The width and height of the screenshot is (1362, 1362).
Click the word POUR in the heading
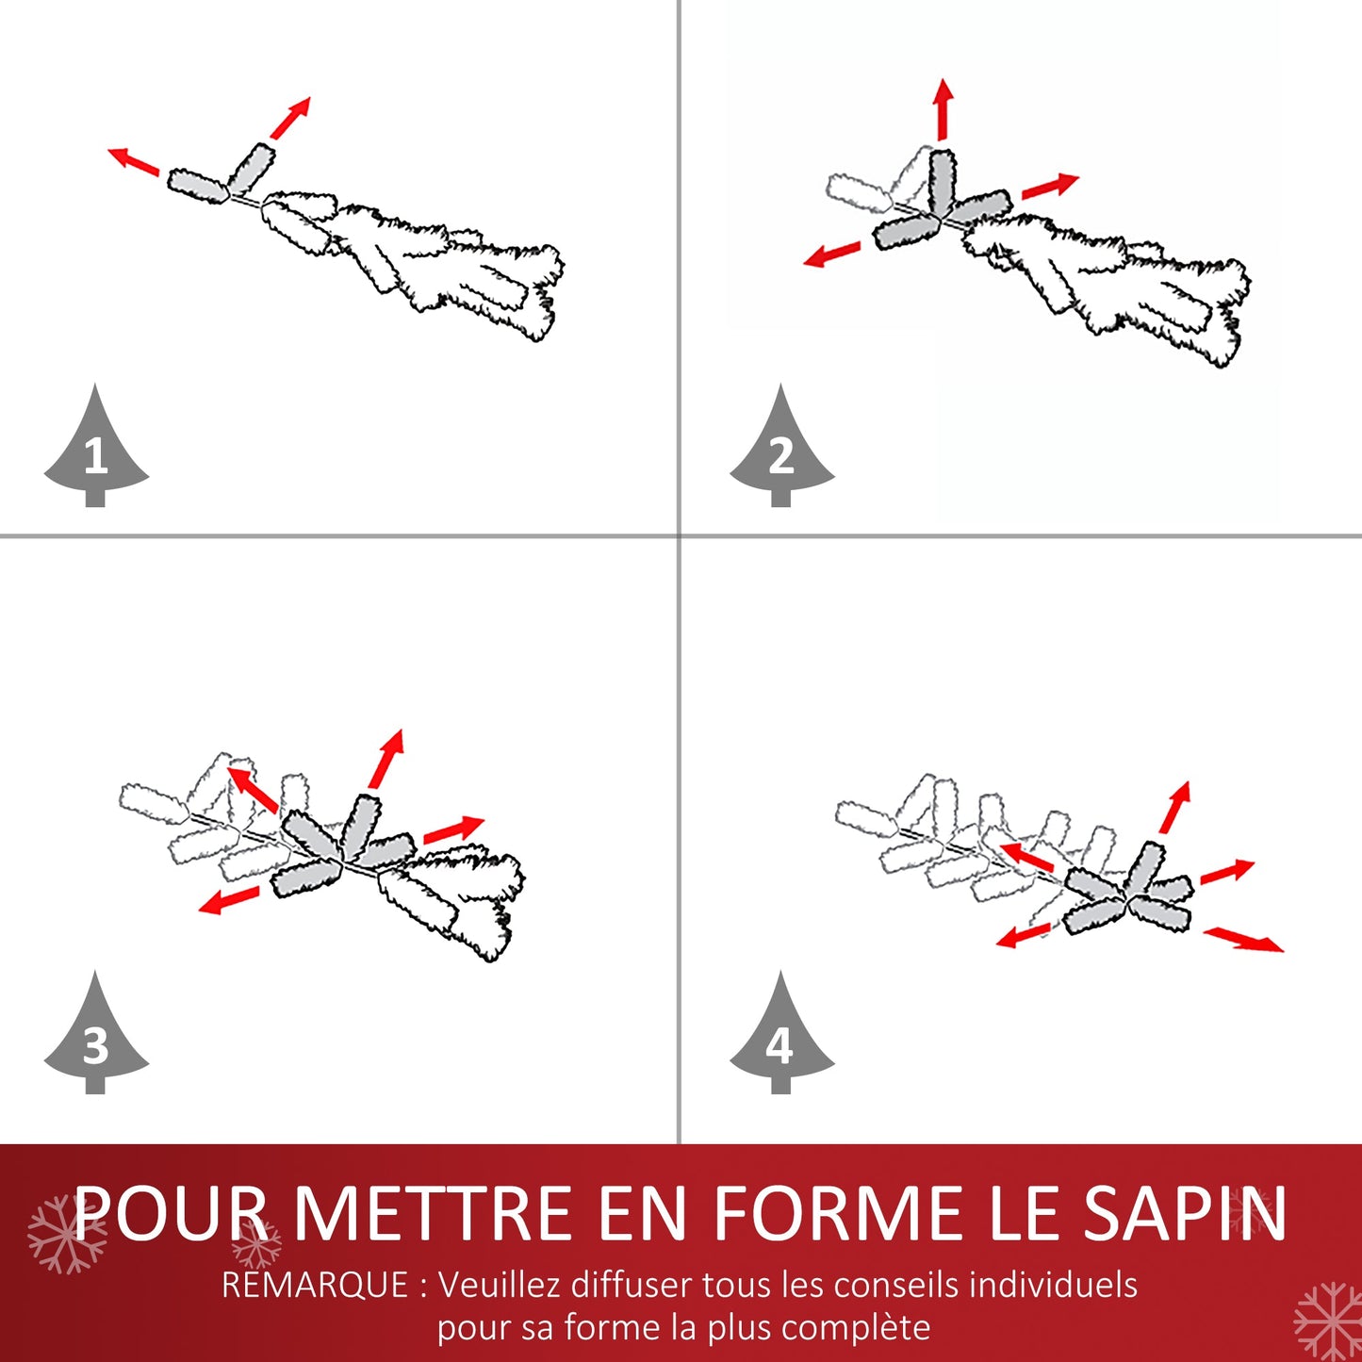[x=171, y=1213]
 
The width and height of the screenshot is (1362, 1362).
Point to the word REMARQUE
[x=315, y=1285]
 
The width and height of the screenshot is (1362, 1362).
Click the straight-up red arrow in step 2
[x=943, y=109]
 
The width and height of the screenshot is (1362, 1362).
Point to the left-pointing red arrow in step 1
[x=134, y=160]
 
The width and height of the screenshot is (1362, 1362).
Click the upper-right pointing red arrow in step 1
[x=290, y=118]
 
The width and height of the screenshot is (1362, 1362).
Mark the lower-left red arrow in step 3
[x=228, y=900]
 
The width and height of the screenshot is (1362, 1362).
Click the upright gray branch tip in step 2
[x=943, y=181]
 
